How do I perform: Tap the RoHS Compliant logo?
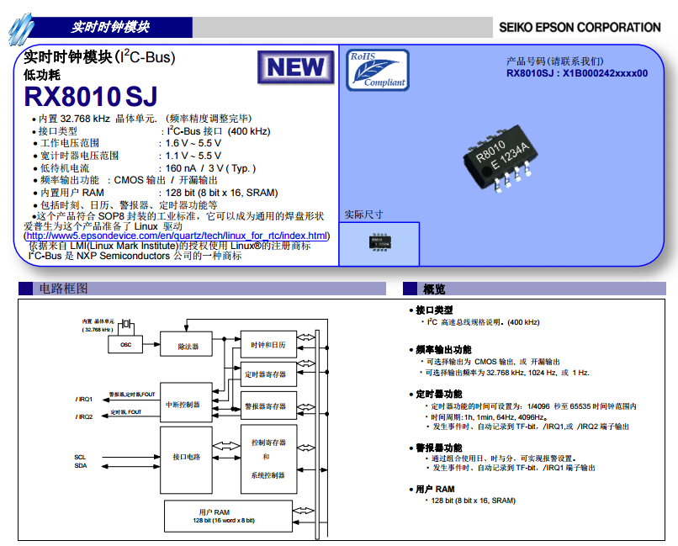point(376,70)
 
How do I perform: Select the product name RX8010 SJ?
point(91,96)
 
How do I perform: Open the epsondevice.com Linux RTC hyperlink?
point(177,236)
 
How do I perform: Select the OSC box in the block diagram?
point(125,346)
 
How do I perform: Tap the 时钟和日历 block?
point(268,345)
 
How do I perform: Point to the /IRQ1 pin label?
point(84,399)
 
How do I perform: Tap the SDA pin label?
point(81,465)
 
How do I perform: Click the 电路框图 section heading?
point(63,289)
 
